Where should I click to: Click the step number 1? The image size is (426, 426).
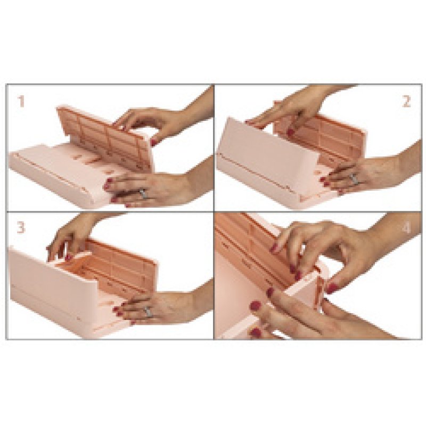click(21, 101)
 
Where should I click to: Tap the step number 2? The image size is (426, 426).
click(406, 101)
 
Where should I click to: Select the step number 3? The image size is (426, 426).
click(21, 227)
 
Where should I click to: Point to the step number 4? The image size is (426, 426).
click(406, 228)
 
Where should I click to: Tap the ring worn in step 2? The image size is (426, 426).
click(354, 179)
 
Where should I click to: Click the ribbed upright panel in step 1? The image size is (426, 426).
click(101, 133)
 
